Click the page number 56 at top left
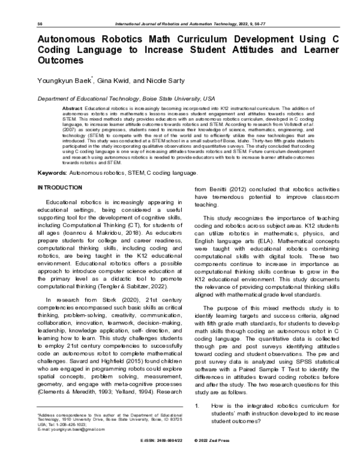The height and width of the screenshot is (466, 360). click(40, 23)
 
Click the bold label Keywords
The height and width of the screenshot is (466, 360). click(52, 156)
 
